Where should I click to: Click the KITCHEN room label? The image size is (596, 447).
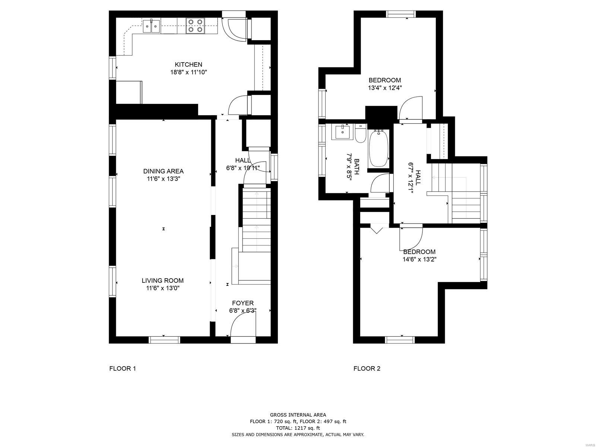(188, 64)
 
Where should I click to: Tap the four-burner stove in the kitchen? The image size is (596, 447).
(195, 26)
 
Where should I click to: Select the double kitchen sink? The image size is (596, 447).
(151, 26)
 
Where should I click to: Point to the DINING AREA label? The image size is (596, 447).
(163, 171)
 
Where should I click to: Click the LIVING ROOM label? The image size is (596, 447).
(163, 280)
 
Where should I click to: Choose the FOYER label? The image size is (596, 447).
(243, 303)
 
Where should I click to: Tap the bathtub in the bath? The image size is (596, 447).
(378, 149)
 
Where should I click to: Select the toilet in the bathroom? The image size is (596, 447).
(361, 133)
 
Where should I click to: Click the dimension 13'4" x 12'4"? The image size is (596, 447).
(385, 88)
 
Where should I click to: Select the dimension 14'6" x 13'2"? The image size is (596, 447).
(419, 260)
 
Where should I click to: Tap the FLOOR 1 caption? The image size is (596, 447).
(123, 368)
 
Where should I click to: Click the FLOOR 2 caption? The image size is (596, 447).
(367, 368)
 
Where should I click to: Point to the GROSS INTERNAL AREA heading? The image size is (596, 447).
(298, 415)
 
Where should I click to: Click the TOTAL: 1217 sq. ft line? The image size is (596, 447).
(298, 428)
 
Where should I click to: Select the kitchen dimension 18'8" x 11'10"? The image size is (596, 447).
(188, 72)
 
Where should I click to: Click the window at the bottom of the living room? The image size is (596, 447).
(164, 340)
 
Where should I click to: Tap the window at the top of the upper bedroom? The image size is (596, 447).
(401, 14)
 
